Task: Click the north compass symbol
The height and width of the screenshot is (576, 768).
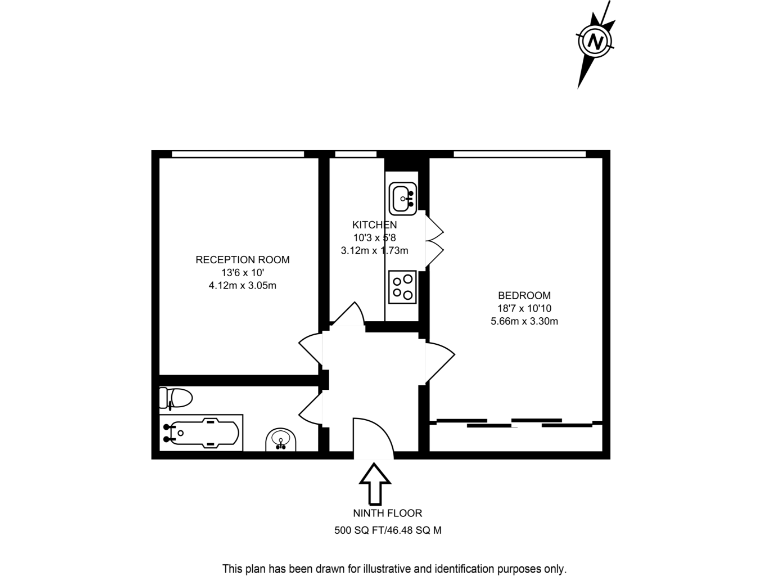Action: click(595, 42)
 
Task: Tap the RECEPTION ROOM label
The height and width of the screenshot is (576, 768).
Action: click(242, 260)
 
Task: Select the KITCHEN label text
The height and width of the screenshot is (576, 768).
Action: click(374, 225)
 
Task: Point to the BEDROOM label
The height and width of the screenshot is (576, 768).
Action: click(524, 295)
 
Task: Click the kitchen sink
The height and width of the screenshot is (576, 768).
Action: click(404, 197)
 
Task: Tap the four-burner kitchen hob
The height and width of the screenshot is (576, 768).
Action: click(403, 287)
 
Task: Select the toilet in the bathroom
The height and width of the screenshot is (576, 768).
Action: click(175, 397)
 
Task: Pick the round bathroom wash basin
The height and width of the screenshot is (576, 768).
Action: click(282, 439)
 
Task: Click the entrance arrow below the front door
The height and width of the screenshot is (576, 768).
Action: click(375, 485)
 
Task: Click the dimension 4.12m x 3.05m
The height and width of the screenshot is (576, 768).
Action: click(242, 286)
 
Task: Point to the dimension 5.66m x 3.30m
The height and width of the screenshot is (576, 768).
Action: click(524, 321)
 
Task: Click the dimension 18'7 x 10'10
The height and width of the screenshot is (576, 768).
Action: click(524, 308)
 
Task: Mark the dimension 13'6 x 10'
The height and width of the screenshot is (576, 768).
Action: click(242, 273)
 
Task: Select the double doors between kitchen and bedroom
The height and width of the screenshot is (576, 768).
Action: click(434, 240)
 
